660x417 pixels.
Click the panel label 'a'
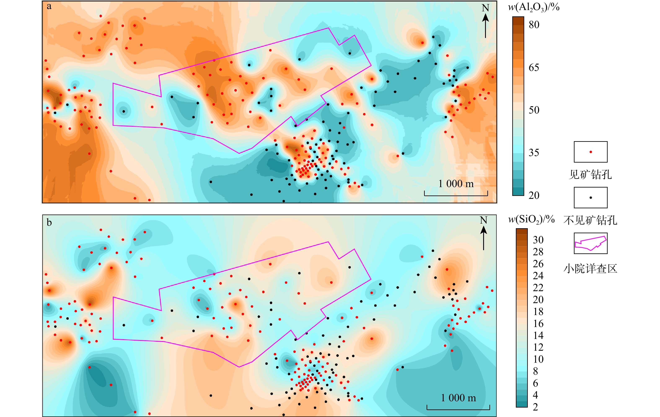[x=49, y=6]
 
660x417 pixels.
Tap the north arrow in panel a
[x=485, y=22]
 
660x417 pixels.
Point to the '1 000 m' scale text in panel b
[x=458, y=397]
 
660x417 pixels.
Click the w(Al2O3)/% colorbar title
[x=533, y=7]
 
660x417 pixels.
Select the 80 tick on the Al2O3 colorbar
[x=534, y=25]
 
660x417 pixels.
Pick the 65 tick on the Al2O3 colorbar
[x=534, y=68]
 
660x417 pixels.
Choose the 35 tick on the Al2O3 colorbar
[x=534, y=152]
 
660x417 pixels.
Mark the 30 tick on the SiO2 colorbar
[x=538, y=240]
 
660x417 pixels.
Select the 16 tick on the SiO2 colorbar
[x=538, y=323]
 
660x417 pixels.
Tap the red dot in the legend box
[x=591, y=152]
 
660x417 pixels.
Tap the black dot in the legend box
[x=591, y=198]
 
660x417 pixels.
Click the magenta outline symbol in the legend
[x=591, y=243]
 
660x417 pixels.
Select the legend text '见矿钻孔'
[x=590, y=175]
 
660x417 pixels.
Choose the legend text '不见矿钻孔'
[x=590, y=220]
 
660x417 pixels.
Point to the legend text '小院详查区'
[x=590, y=268]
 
